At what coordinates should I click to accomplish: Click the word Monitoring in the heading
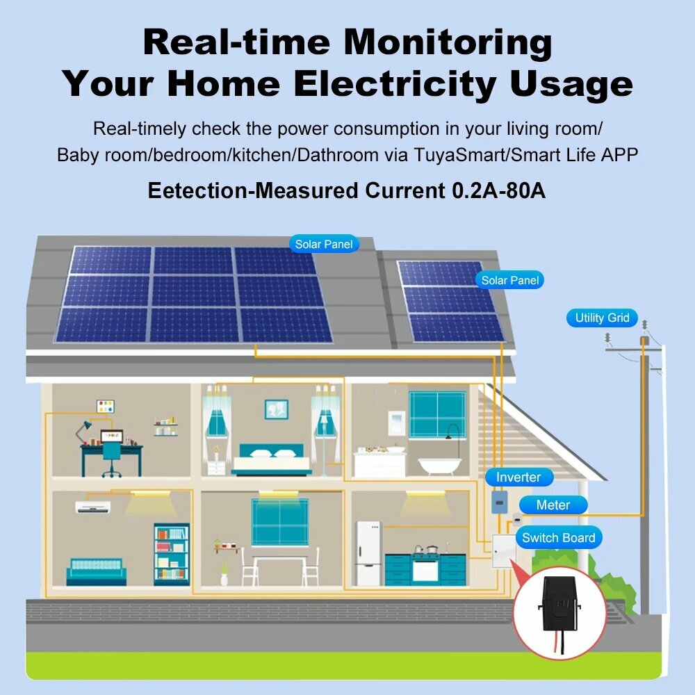click(x=448, y=43)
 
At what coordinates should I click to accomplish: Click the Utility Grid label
click(x=602, y=318)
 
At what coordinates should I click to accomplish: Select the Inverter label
click(x=518, y=477)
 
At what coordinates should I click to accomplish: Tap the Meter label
click(x=553, y=505)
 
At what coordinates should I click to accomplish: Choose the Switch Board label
click(x=558, y=538)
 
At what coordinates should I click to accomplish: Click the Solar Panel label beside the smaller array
click(x=510, y=281)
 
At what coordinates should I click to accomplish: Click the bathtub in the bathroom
click(x=443, y=464)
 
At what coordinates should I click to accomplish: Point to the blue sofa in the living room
click(x=96, y=571)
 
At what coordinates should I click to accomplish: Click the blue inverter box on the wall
click(x=498, y=502)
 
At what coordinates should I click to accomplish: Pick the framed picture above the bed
click(x=276, y=409)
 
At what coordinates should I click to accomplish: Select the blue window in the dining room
click(x=279, y=522)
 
